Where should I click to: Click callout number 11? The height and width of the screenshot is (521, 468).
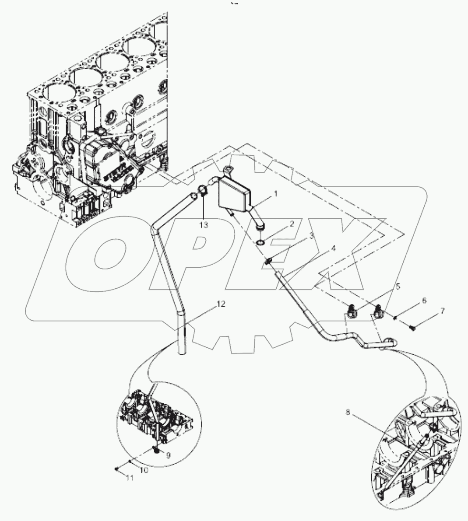(128, 478)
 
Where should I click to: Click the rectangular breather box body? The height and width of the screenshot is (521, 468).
(234, 195)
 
